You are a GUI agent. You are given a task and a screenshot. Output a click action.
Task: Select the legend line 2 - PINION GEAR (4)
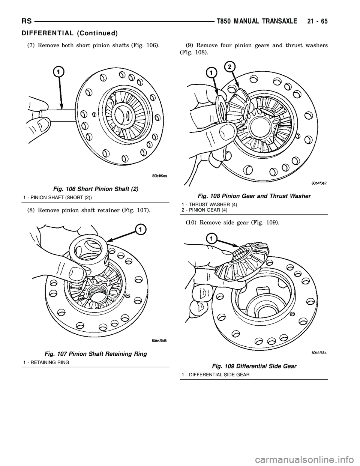pyautogui.click(x=204, y=210)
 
